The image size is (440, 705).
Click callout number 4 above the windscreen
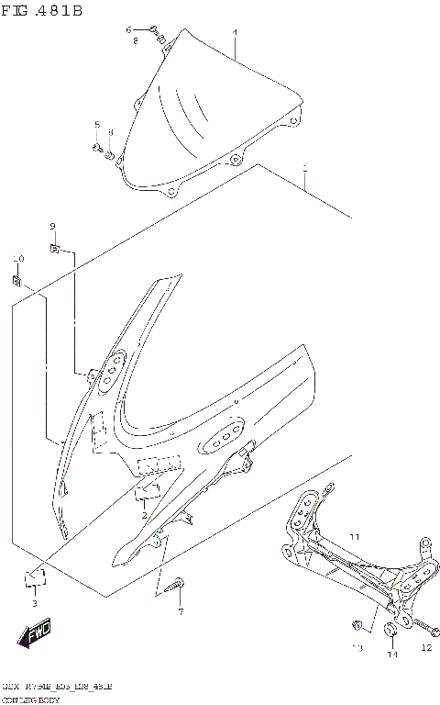[235, 34]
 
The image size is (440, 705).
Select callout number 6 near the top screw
[128, 30]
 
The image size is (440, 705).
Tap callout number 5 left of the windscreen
[96, 124]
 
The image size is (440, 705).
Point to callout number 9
[52, 227]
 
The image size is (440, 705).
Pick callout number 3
[34, 603]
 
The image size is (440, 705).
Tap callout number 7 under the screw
[181, 611]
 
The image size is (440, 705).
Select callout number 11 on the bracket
[355, 535]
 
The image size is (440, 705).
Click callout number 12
[425, 647]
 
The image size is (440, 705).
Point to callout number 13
[357, 648]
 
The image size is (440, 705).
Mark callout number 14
[391, 654]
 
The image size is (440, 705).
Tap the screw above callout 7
[177, 584]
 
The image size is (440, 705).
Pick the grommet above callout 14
[390, 631]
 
